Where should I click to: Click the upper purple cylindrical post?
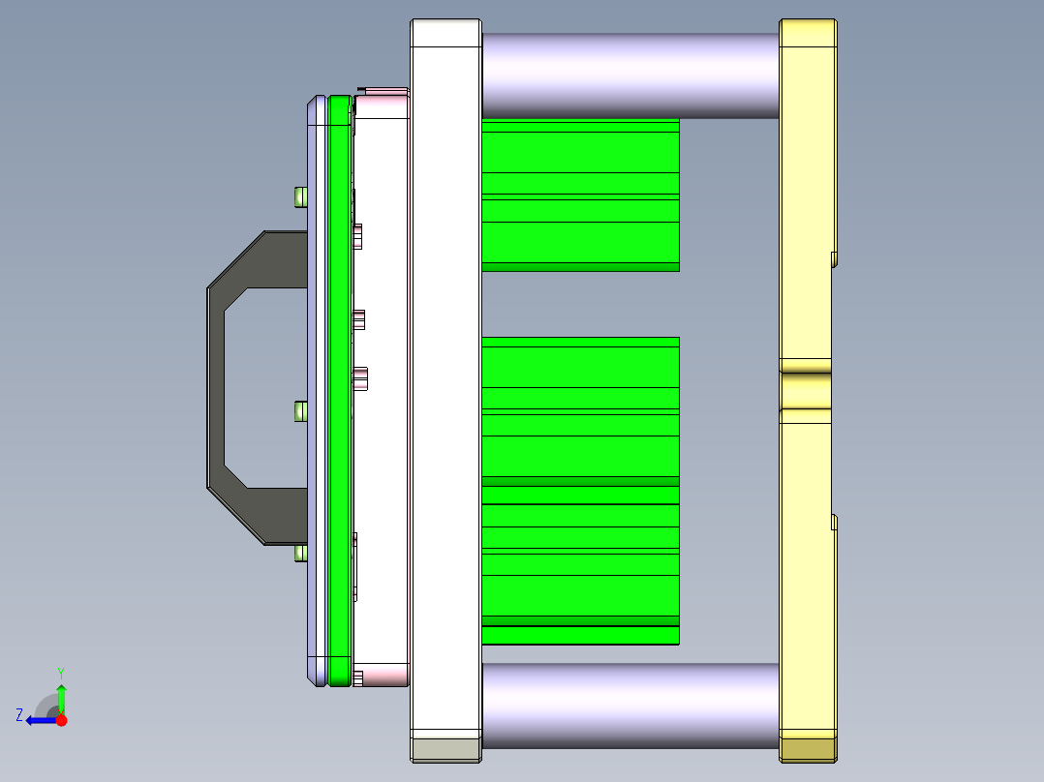point(629,75)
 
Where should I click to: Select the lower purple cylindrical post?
point(629,705)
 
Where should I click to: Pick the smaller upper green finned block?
point(579,194)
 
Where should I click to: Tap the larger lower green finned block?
point(579,491)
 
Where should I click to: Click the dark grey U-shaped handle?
point(219,387)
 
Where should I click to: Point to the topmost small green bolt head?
point(300,197)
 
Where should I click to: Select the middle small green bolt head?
point(300,412)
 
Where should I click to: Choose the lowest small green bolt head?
point(300,554)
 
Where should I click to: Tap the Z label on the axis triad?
point(19,715)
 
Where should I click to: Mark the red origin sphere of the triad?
point(61,720)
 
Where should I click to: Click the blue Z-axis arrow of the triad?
point(39,720)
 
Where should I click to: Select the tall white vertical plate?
point(445,377)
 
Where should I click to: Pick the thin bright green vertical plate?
point(338,387)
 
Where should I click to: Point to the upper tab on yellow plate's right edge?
point(834,258)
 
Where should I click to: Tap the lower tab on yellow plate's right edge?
point(834,523)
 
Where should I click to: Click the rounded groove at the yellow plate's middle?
point(806,389)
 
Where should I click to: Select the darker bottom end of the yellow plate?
point(808,748)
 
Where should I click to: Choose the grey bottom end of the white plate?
point(445,748)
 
